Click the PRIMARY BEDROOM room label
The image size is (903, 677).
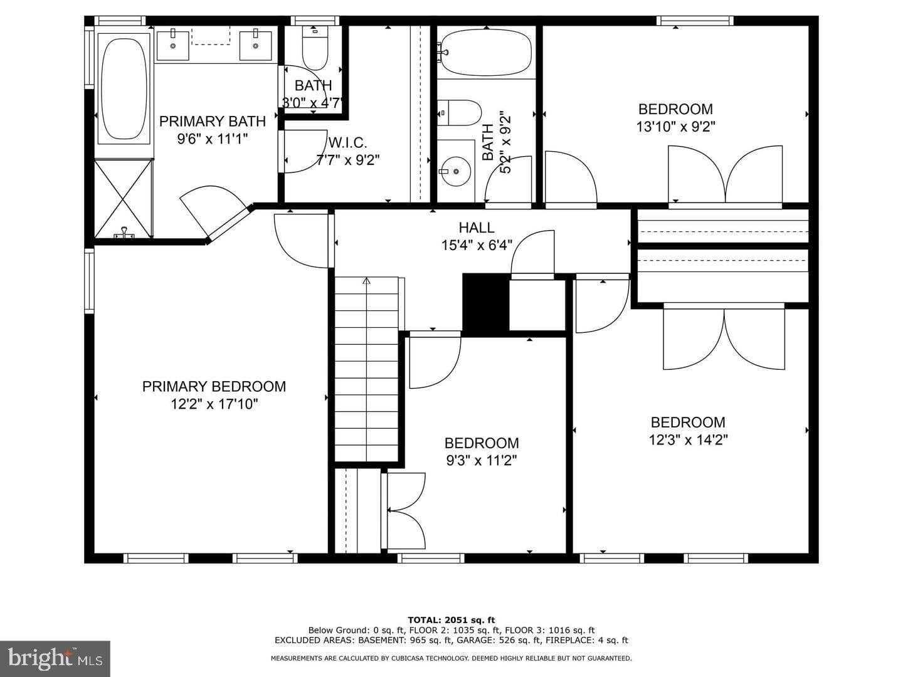(x=214, y=386)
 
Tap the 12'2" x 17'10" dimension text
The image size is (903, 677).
(x=214, y=404)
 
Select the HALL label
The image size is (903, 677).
(x=477, y=228)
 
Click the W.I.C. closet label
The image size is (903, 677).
(x=347, y=143)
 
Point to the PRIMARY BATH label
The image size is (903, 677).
(x=213, y=121)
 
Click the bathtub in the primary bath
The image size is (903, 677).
(x=124, y=89)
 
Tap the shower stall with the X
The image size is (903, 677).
(x=124, y=199)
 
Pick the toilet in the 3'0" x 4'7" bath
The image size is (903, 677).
(x=315, y=48)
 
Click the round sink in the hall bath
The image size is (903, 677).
(x=455, y=171)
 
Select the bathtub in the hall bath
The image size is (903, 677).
(x=486, y=53)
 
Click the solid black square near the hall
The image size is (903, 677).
(x=486, y=303)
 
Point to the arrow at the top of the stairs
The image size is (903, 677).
(x=366, y=281)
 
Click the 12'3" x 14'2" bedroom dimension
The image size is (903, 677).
(x=689, y=440)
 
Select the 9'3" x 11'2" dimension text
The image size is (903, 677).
(x=482, y=461)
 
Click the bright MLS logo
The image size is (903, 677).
(x=55, y=659)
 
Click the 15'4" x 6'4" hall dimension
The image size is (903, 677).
(x=477, y=245)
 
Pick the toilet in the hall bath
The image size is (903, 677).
(x=459, y=113)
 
